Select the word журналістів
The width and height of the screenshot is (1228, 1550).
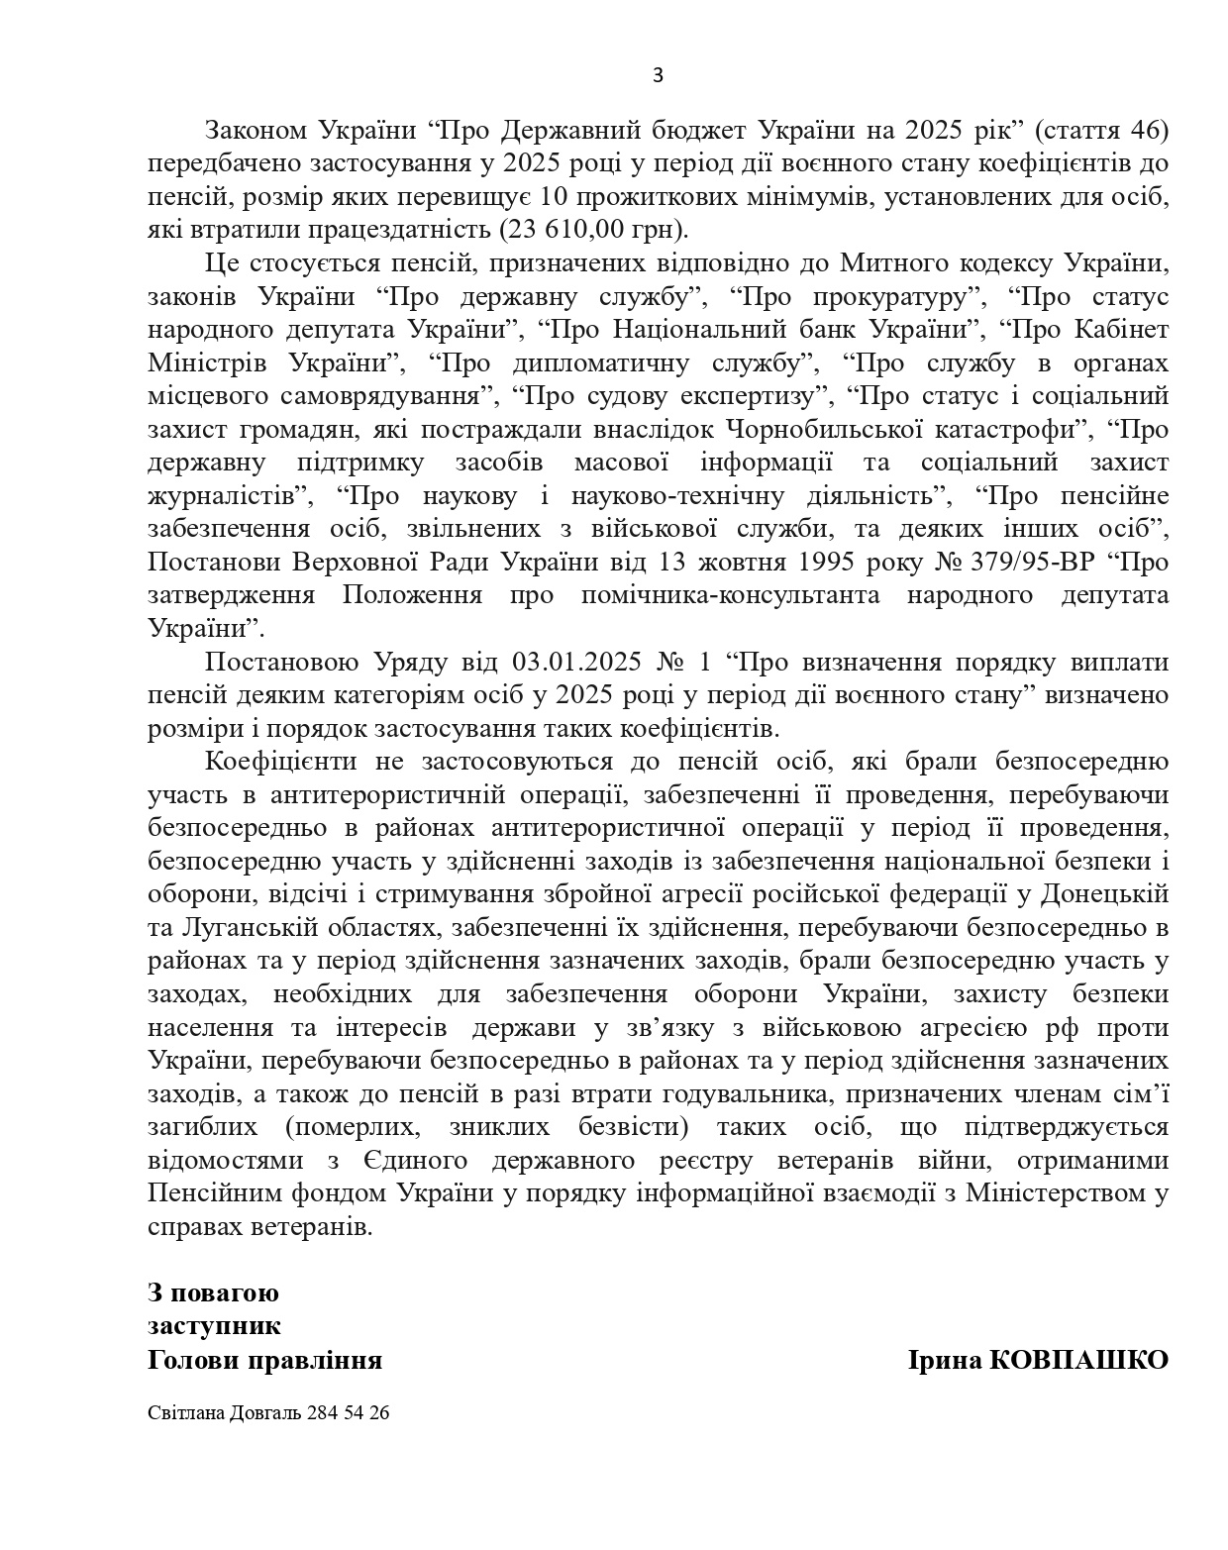coord(226,495)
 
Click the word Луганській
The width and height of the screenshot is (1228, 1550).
coord(252,927)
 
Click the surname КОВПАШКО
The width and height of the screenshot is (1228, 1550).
coord(1080,1359)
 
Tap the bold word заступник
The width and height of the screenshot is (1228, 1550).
coord(214,1325)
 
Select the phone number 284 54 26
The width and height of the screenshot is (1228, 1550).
coord(349,1413)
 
